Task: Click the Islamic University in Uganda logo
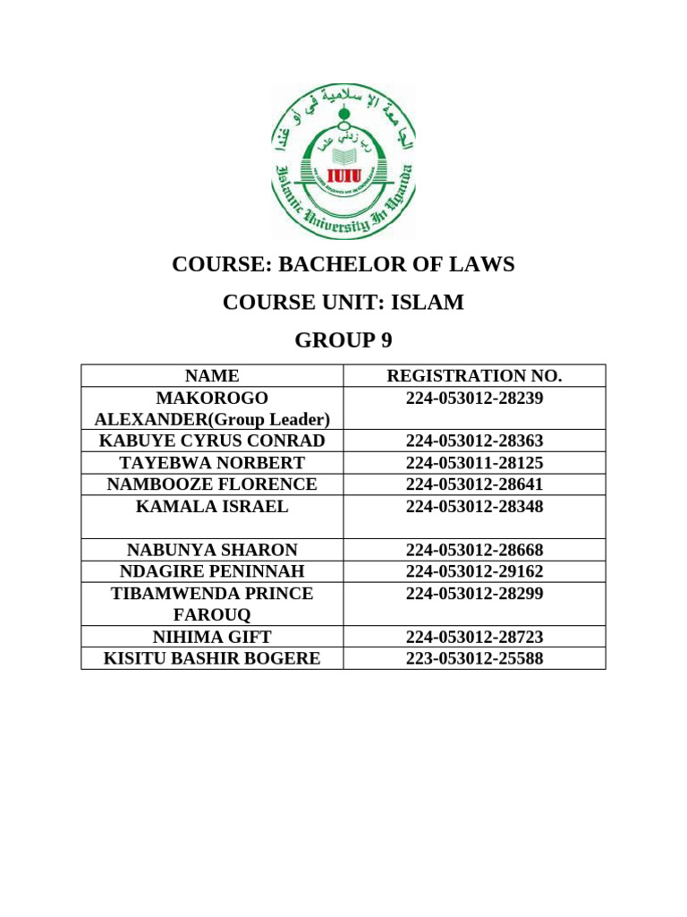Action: tap(343, 161)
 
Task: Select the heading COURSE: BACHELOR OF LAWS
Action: tap(343, 265)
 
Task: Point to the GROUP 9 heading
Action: tap(343, 340)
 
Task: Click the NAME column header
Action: tap(212, 376)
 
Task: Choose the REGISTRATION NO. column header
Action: tap(474, 376)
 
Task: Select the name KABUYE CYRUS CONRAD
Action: tap(212, 441)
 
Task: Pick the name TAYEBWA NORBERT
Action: tap(212, 463)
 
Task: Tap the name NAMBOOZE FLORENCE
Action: tap(212, 484)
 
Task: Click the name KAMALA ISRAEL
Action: tap(212, 507)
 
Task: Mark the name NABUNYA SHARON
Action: tap(212, 550)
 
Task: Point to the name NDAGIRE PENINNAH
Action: tap(212, 571)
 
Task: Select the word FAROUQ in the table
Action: tap(212, 615)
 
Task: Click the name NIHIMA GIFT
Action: tap(212, 638)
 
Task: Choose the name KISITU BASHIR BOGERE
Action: tap(212, 659)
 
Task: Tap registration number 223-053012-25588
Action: tap(474, 659)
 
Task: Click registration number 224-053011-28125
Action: tap(474, 463)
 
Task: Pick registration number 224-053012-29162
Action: tap(474, 571)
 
